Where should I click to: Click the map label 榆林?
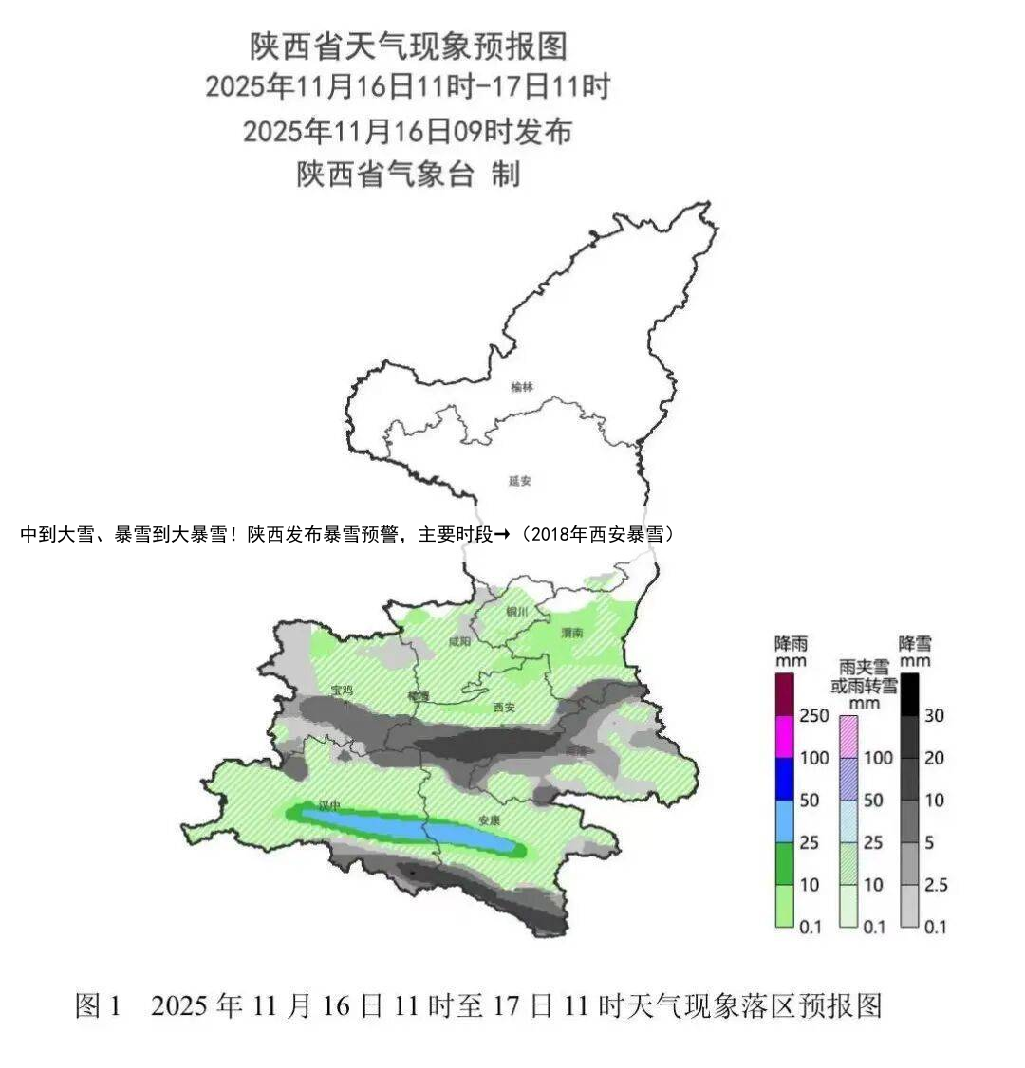tap(522, 387)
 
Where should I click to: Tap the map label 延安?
tap(520, 481)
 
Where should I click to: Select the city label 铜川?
tap(517, 611)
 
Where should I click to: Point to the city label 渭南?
tap(571, 633)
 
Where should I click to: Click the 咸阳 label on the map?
tap(459, 642)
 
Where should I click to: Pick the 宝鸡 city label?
tap(342, 691)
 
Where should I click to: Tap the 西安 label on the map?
tap(505, 708)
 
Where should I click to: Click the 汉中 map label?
tap(329, 805)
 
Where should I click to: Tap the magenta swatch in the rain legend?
tap(785, 736)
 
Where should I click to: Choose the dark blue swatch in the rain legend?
tap(785, 779)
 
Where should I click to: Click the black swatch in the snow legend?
tap(910, 693)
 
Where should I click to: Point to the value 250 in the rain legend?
tap(813, 715)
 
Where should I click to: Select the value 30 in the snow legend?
tap(935, 715)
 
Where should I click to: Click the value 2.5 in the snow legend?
tap(936, 885)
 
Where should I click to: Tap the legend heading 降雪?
tap(915, 644)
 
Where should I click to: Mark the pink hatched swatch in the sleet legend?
tap(848, 736)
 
